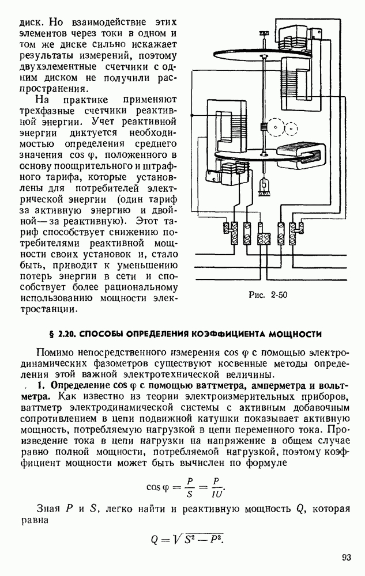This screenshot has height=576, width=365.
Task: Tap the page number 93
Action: (x=346, y=557)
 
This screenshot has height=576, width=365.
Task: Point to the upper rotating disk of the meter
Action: (x=254, y=55)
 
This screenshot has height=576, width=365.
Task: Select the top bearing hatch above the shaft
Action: (x=265, y=32)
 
